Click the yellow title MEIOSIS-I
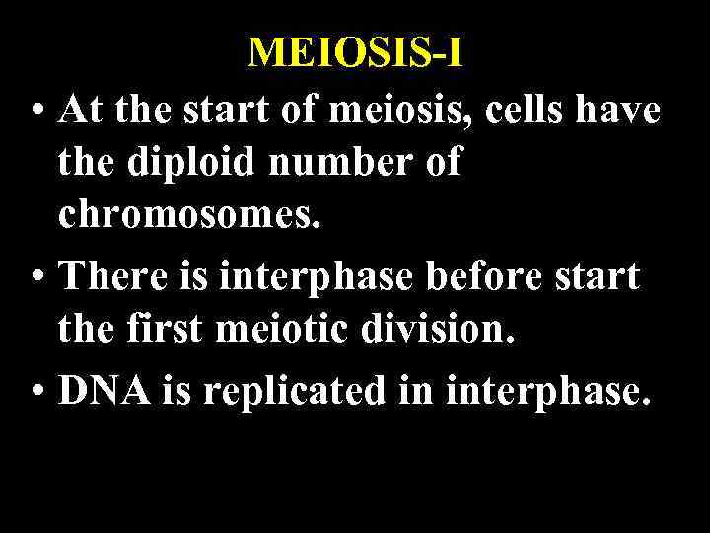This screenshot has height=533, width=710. [x=355, y=52]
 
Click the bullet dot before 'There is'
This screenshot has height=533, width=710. [x=35, y=277]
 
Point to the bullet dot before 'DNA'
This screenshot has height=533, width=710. [x=35, y=392]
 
